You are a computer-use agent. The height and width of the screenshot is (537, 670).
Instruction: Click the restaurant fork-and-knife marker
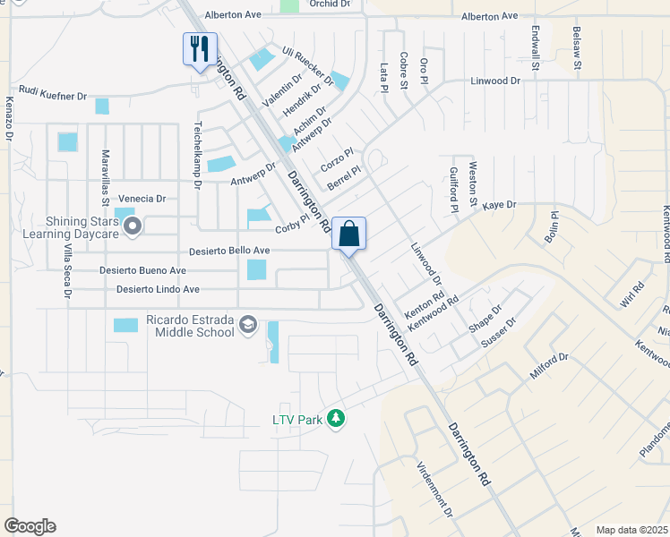(200, 48)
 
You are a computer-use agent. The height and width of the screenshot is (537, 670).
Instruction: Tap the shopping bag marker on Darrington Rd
(348, 234)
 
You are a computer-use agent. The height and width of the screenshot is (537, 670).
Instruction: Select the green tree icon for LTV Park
(336, 418)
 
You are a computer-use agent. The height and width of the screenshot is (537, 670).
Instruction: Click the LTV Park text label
(298, 419)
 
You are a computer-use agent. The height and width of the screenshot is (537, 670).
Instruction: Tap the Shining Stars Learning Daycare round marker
(133, 226)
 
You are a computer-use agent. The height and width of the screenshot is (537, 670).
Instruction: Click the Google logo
(30, 526)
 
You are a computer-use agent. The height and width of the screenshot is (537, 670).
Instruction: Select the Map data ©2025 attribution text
(631, 530)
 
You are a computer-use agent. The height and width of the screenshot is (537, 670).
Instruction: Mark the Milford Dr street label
(549, 366)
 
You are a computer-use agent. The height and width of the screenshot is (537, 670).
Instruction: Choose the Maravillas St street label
(105, 178)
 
